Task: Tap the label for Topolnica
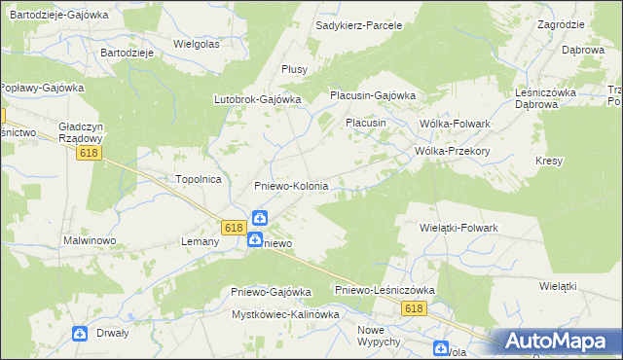199,179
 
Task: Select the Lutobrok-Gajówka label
257,99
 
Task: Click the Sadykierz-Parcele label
359,24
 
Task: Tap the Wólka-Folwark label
454,124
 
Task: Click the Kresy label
549,161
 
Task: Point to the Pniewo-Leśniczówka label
384,290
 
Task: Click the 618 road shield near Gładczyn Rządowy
90,153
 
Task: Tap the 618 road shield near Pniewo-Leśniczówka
415,307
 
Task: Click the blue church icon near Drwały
80,334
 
